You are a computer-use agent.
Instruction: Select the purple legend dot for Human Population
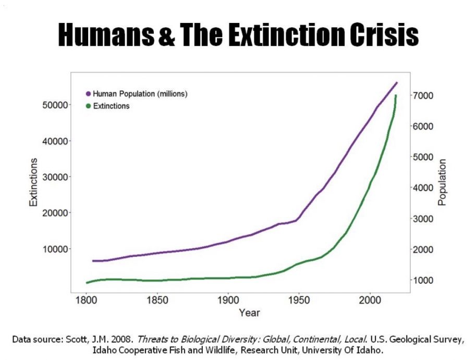(88, 94)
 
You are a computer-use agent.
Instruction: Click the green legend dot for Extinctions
(88, 106)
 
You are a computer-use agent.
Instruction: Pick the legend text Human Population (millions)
(140, 94)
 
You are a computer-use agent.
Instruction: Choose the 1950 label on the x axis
(299, 301)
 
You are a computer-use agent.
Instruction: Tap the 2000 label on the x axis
(370, 301)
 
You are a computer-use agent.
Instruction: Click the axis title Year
(249, 313)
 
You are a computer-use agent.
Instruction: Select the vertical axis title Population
(443, 182)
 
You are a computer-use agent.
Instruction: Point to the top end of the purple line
(397, 82)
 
